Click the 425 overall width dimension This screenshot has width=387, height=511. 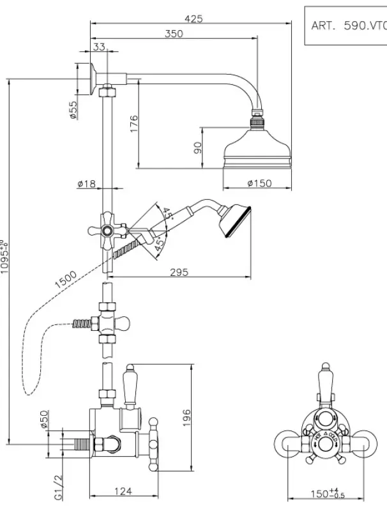point(193,19)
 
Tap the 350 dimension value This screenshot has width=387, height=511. point(173,34)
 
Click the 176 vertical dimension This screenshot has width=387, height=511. point(133,123)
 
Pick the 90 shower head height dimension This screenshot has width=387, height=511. point(198,147)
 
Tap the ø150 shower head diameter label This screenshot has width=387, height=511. point(259,183)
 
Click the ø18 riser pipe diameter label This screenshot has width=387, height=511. point(86,184)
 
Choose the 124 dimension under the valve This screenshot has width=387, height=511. point(125,491)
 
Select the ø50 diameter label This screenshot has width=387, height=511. point(45,420)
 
